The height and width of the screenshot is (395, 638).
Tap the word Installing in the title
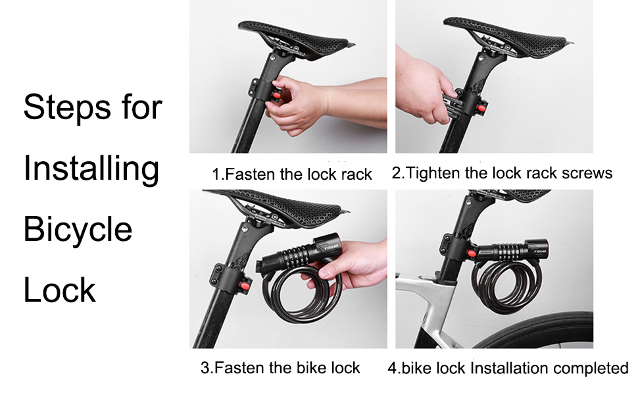pos(91,169)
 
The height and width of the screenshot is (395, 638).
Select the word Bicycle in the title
pos(78,229)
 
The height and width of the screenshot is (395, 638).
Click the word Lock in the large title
pos(60,290)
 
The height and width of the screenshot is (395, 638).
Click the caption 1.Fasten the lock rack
pos(291,174)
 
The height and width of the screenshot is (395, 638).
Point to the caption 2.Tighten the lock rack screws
pos(502,173)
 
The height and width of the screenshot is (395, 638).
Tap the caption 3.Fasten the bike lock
pos(280,367)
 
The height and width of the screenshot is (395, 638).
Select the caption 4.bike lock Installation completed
pos(508,367)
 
